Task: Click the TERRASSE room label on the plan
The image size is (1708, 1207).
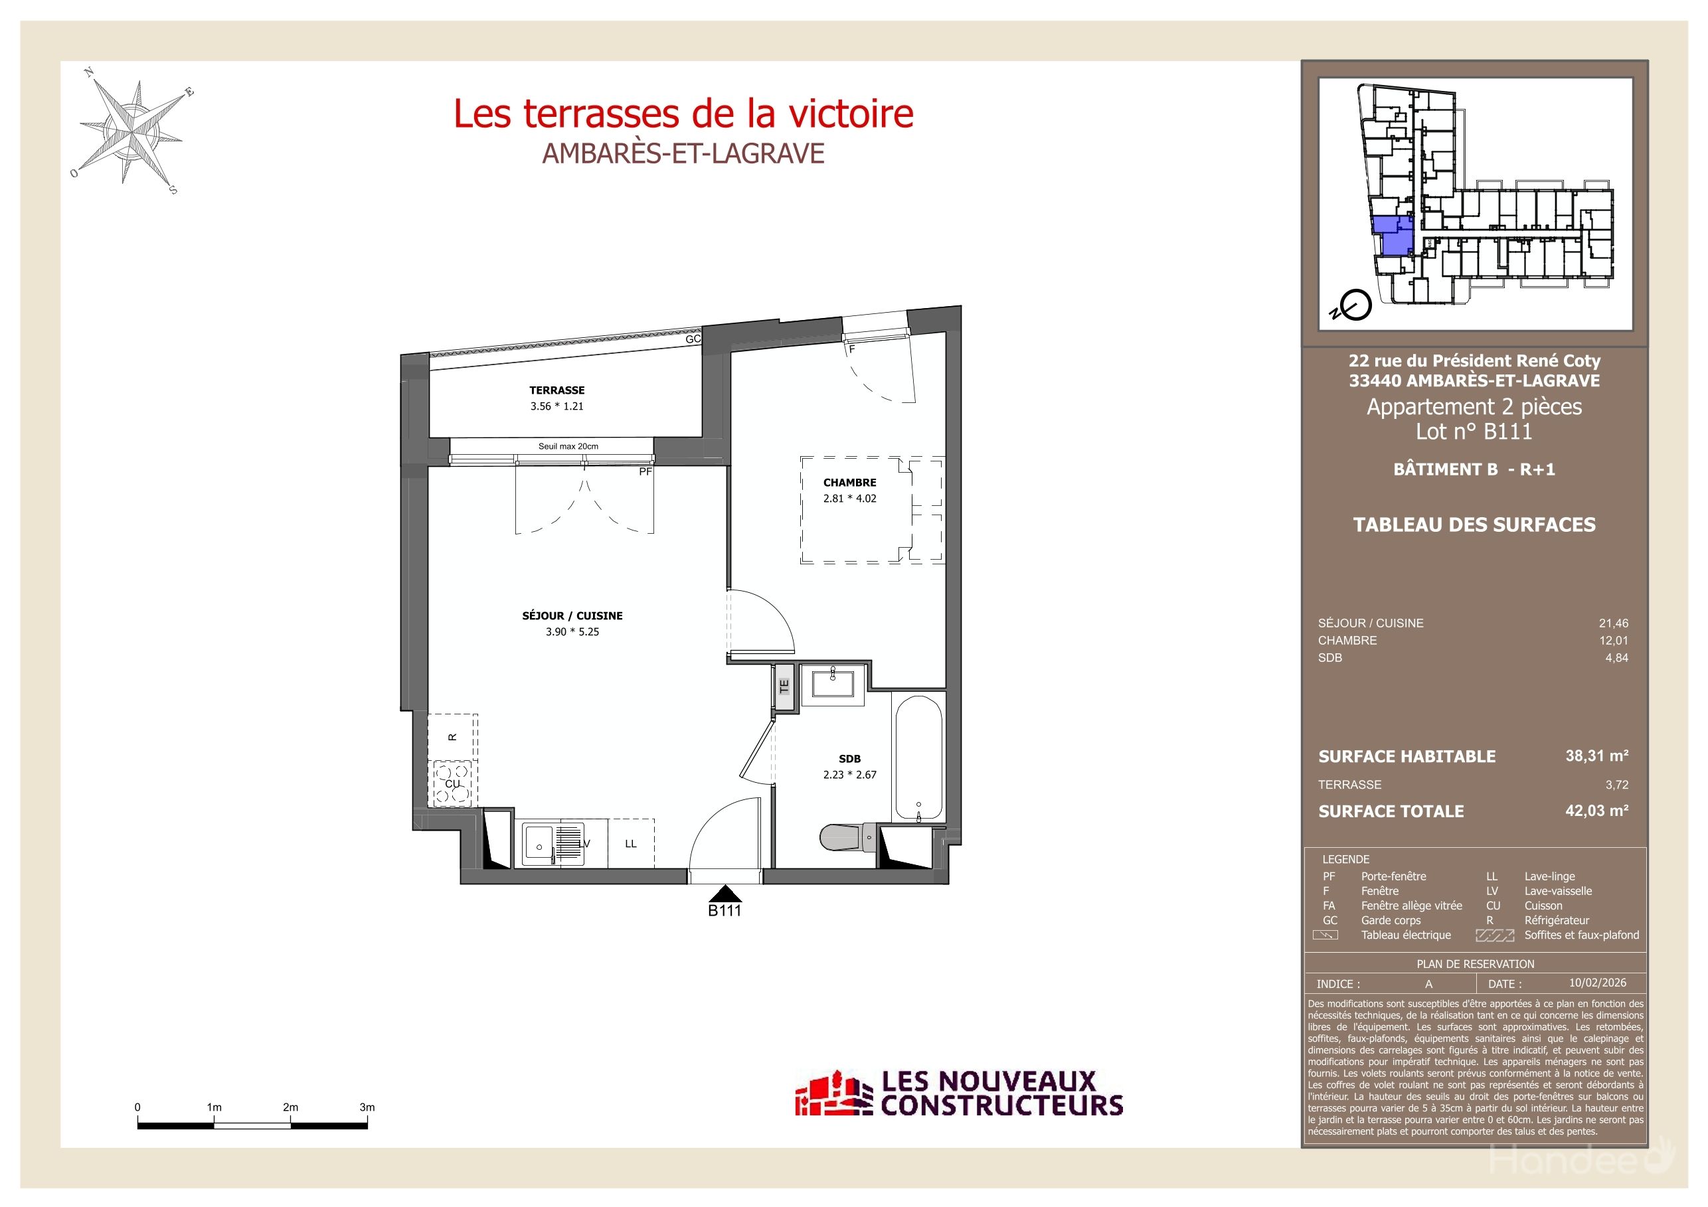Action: tap(556, 390)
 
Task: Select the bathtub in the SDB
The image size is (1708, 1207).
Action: tap(918, 759)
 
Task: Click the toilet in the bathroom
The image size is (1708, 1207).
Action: tap(848, 838)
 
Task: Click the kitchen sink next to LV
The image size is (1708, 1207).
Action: tap(537, 845)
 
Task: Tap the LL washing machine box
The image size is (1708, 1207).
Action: tap(631, 843)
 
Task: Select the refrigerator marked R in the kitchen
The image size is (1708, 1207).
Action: tap(452, 736)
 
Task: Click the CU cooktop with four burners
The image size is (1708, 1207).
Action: tap(452, 784)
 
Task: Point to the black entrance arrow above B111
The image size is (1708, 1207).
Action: tap(725, 893)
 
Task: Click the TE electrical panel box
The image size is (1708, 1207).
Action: tap(784, 686)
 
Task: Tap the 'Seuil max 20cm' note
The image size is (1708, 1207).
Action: tap(568, 446)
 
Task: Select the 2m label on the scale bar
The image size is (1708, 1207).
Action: tap(290, 1107)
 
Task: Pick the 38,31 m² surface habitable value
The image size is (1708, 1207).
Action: tap(1596, 756)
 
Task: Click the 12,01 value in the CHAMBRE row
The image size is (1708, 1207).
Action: tap(1614, 640)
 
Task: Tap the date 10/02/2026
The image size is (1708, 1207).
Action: tap(1598, 983)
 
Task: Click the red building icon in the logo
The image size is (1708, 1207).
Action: tap(833, 1094)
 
